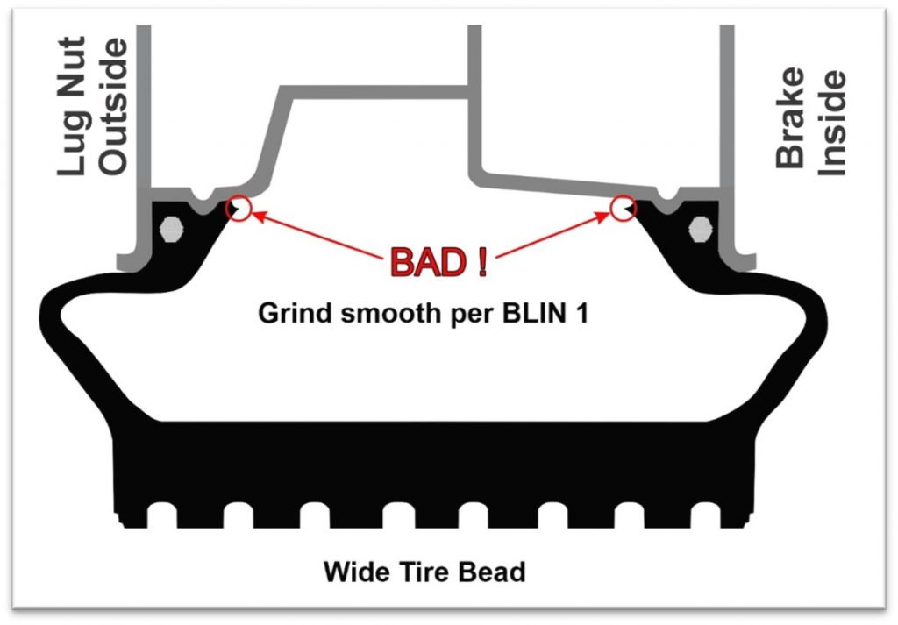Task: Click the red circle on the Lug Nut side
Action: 239,209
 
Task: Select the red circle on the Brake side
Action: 624,208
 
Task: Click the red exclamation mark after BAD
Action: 481,263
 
